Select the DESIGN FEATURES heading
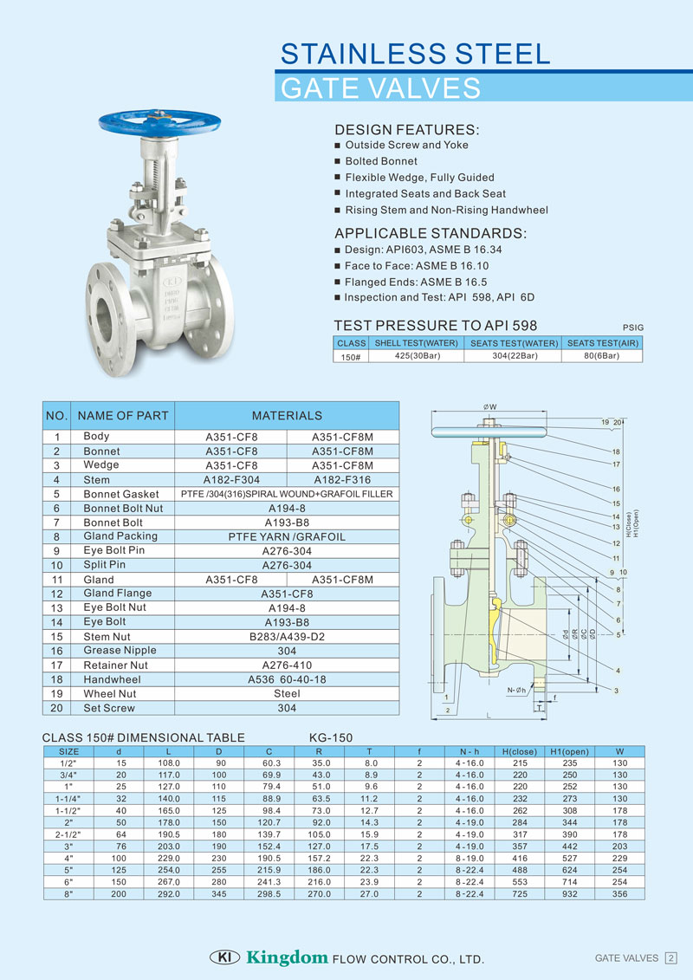pos(406,130)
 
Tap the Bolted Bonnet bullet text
pos(381,161)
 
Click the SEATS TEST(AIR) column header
pos(603,343)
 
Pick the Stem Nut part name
pos(107,637)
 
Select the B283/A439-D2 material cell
pos(286,637)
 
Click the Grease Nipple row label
pos(120,651)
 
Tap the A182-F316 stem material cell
pos(342,479)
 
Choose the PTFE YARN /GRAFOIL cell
pos(286,537)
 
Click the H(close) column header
pos(520,751)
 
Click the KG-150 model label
pos(331,738)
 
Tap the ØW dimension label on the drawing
pos(489,406)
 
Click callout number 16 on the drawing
pos(617,490)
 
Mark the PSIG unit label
pos(633,328)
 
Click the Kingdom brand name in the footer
pos(287,957)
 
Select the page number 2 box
pos(670,957)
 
